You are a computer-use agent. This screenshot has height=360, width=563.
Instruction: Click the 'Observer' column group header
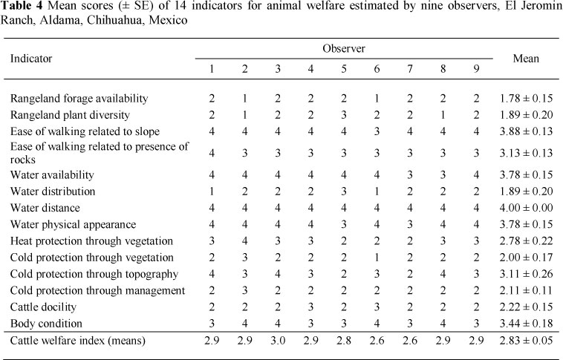click(x=343, y=48)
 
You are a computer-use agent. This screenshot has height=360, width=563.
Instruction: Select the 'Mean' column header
click(x=526, y=58)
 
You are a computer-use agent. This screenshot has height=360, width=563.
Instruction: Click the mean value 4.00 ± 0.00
click(x=526, y=208)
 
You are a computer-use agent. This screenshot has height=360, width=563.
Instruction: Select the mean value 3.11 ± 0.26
click(x=526, y=274)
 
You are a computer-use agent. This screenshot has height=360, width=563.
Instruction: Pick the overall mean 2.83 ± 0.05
click(x=526, y=342)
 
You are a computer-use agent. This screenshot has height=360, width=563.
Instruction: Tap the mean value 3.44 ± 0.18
click(x=526, y=324)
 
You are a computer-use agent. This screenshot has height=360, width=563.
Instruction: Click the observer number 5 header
click(x=343, y=68)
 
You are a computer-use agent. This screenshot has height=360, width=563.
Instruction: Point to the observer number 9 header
click(x=478, y=68)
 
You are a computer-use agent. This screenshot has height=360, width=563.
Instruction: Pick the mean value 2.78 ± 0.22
click(x=526, y=241)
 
